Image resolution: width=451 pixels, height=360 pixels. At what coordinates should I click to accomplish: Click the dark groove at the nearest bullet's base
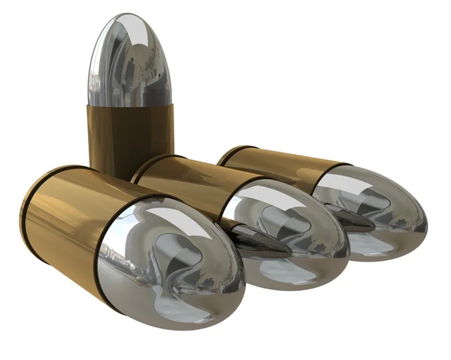click(x=28, y=210)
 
